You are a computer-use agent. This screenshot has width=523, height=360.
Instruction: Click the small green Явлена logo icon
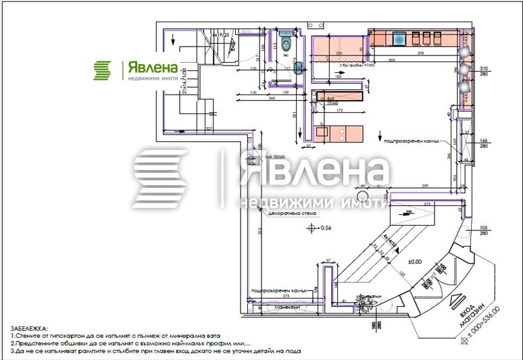coord(103,70)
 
